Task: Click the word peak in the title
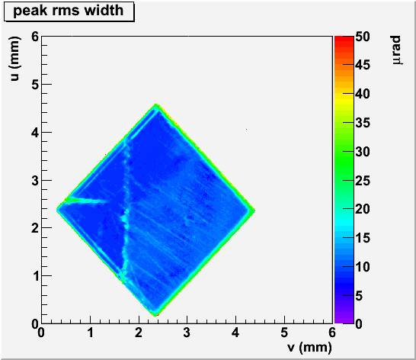pyautogui.click(x=30, y=11)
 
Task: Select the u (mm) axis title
pyautogui.click(x=15, y=59)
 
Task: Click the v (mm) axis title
pyautogui.click(x=309, y=347)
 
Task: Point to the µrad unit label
pyautogui.click(x=396, y=50)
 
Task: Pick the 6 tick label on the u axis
pyautogui.click(x=35, y=37)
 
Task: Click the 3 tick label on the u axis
pyautogui.click(x=35, y=181)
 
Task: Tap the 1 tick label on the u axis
pyautogui.click(x=36, y=276)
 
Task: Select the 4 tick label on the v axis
pyautogui.click(x=235, y=333)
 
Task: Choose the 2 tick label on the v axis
pyautogui.click(x=139, y=333)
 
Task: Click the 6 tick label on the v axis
pyautogui.click(x=332, y=333)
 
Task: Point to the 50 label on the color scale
pyautogui.click(x=363, y=37)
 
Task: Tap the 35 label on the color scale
pyautogui.click(x=363, y=123)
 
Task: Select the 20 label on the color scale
pyautogui.click(x=363, y=209)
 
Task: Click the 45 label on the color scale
pyautogui.click(x=363, y=65)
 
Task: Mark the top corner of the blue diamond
pyautogui.click(x=156, y=104)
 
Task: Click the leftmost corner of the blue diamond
pyautogui.click(x=57, y=210)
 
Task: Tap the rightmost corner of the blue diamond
pyautogui.click(x=254, y=211)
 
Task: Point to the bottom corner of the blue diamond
pyautogui.click(x=155, y=315)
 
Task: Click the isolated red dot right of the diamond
pyautogui.click(x=246, y=129)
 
